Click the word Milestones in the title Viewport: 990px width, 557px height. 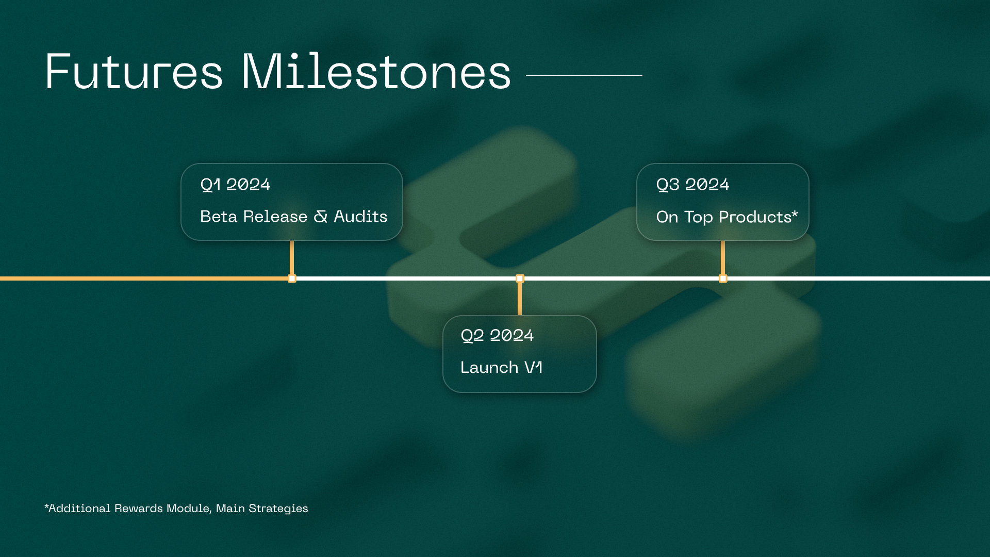376,72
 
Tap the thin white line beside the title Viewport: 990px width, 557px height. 584,75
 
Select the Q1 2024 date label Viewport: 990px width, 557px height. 235,185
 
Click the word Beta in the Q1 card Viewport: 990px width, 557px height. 219,217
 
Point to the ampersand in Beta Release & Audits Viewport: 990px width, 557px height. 320,217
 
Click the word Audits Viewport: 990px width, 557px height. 360,217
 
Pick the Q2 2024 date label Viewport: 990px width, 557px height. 497,336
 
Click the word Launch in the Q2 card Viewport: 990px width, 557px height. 489,368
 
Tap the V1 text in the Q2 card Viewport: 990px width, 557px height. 533,368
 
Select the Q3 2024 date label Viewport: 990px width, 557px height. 692,185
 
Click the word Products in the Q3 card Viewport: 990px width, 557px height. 755,217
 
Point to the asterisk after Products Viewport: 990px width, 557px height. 795,212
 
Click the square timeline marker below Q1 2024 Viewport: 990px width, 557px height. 292,278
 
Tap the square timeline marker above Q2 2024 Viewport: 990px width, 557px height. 520,278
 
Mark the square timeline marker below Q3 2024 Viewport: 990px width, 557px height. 723,278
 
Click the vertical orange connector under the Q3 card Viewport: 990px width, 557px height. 723,257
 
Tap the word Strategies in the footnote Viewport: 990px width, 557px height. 278,509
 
